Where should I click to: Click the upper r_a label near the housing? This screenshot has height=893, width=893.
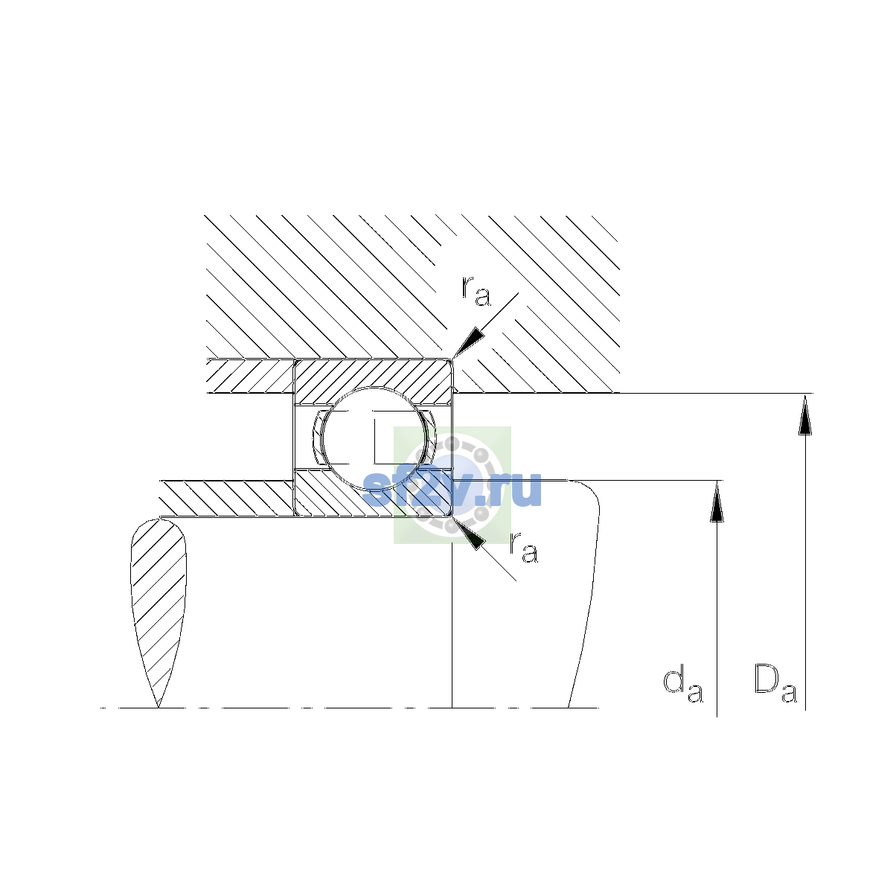click(x=476, y=291)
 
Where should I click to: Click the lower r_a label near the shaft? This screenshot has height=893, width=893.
click(x=524, y=548)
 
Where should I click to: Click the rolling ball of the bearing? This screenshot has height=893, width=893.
click(x=374, y=438)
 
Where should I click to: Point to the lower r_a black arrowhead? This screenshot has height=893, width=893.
click(x=469, y=534)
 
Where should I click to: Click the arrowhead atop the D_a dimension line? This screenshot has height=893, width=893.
click(x=805, y=415)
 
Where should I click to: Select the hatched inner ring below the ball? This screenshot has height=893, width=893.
click(x=373, y=493)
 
